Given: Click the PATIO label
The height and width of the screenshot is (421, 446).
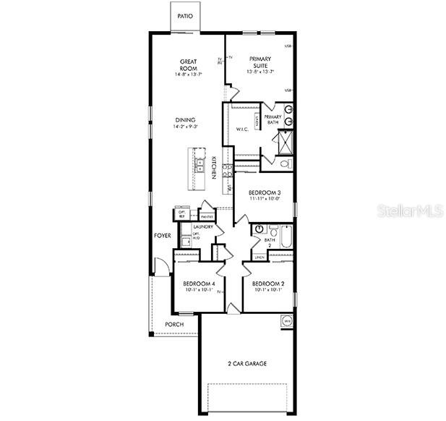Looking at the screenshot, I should click(185, 15).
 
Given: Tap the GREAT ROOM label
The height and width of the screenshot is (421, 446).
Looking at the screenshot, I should click(188, 64).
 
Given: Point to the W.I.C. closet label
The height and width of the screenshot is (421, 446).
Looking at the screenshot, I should click(242, 129).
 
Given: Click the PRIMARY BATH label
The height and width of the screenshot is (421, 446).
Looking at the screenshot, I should click(272, 119).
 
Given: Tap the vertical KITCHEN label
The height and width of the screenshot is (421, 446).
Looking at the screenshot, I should click(215, 169).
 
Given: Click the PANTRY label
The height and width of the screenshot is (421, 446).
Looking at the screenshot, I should click(206, 216).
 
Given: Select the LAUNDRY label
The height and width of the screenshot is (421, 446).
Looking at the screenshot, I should click(202, 227).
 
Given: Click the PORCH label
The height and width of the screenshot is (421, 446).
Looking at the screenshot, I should click(174, 324).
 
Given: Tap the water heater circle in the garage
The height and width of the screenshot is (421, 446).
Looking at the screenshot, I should click(286, 321).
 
